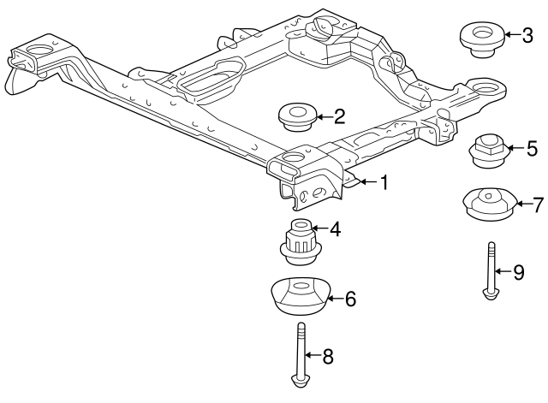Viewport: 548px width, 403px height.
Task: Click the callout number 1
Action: (384, 181)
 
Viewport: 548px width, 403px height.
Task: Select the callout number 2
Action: (339, 116)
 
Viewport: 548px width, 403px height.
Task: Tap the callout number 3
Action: (527, 35)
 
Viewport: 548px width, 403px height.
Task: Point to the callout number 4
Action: (336, 228)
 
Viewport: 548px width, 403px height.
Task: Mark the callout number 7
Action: (538, 204)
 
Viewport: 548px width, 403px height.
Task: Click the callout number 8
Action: (327, 355)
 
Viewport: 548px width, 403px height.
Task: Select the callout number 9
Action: (518, 272)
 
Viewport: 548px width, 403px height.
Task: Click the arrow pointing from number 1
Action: (366, 181)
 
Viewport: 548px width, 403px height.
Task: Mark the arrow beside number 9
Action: (502, 272)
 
